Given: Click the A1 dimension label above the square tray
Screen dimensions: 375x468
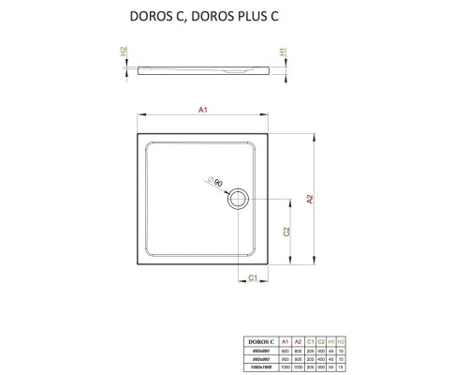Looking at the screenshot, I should click(201, 110).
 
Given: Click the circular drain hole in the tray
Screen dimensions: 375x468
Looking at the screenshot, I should click(241, 197).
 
